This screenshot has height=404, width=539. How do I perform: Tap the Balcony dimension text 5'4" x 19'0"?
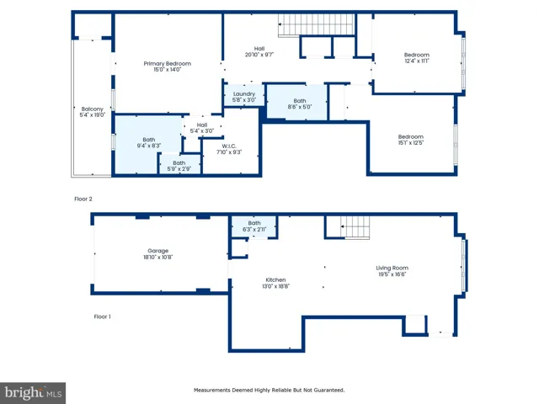click(x=93, y=115)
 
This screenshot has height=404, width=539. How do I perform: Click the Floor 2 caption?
click(x=83, y=199)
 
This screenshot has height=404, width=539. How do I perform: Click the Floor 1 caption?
click(x=103, y=316)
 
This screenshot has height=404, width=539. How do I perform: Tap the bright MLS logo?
click(x=33, y=393)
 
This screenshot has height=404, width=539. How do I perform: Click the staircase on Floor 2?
click(x=316, y=24)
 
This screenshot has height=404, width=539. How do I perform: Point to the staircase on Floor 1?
click(x=355, y=227)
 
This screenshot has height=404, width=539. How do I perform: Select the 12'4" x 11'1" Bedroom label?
click(x=417, y=58)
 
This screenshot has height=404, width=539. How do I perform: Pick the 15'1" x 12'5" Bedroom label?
click(x=411, y=140)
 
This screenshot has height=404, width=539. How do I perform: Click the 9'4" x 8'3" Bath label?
click(x=149, y=142)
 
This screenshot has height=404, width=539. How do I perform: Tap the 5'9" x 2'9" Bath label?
click(x=179, y=166)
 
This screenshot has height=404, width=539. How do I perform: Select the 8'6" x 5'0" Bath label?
click(x=300, y=104)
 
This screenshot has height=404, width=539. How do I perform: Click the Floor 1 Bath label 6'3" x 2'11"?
click(x=254, y=226)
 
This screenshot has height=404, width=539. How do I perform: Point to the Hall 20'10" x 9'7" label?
click(x=259, y=51)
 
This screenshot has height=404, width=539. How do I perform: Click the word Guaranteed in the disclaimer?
click(x=328, y=390)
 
